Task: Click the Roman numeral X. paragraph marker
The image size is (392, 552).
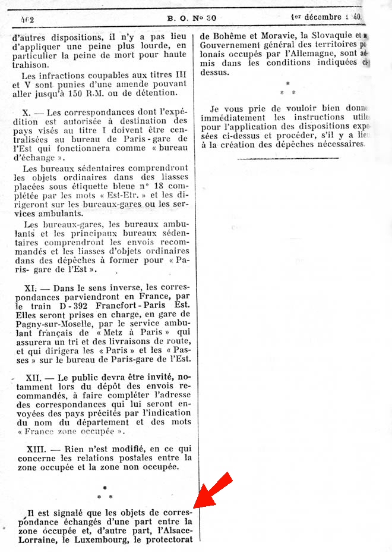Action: tap(26, 112)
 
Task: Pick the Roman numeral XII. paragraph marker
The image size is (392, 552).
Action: tap(33, 377)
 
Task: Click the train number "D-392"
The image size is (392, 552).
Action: tap(80, 306)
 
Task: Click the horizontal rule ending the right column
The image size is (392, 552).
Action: tap(287, 158)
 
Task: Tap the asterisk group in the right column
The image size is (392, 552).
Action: tap(287, 89)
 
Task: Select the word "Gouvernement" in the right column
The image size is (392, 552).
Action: tap(229, 45)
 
